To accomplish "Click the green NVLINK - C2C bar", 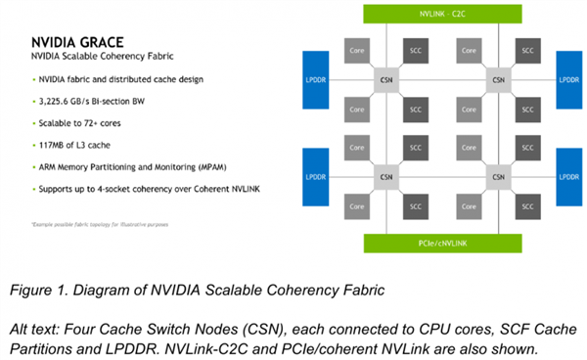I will [445, 15].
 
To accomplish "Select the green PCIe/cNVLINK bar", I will [445, 241].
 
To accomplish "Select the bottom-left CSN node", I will [386, 179].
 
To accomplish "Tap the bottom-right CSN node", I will [499, 179].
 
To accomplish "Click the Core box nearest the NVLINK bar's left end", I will [359, 48].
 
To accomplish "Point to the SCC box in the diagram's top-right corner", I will [527, 48].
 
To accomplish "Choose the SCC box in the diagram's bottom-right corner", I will [527, 207].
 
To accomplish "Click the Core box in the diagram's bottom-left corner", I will [359, 207].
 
